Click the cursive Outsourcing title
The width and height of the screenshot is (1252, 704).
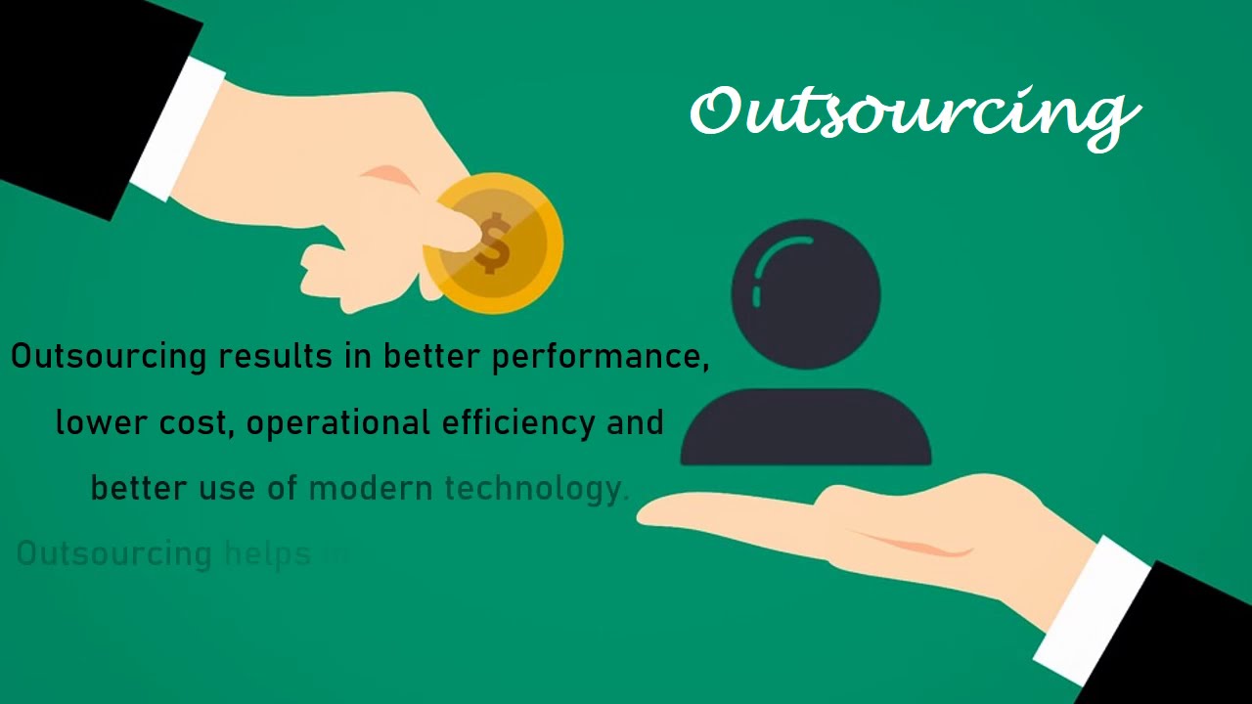915,112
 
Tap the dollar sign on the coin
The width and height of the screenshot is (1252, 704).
494,245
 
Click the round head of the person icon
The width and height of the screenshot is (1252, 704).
806,293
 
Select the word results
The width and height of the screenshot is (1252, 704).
262,356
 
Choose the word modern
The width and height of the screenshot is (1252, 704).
370,487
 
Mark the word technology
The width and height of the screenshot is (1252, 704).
533,489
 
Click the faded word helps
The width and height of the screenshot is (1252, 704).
267,553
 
